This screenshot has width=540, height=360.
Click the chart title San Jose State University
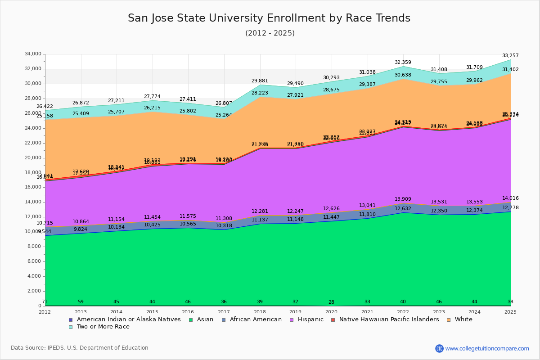coord(269,18)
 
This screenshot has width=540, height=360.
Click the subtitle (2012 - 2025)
coord(270,33)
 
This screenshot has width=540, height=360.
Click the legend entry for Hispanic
coord(307,319)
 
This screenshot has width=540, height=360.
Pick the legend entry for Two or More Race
coord(103,327)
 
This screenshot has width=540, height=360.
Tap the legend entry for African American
coord(256,319)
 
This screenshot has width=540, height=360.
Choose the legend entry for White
coord(463,319)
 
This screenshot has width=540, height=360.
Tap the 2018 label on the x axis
coord(260,312)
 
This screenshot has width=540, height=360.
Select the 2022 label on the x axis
coord(403,312)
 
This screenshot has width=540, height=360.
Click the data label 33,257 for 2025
coord(510,56)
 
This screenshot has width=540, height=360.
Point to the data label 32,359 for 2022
coord(403,63)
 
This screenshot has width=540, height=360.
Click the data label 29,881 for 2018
coord(260,81)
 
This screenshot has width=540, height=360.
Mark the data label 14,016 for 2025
coord(510,198)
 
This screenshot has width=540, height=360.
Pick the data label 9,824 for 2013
coord(81,229)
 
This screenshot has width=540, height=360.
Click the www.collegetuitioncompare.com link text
coord(487,348)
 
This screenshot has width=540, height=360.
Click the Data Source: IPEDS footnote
coord(80,348)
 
